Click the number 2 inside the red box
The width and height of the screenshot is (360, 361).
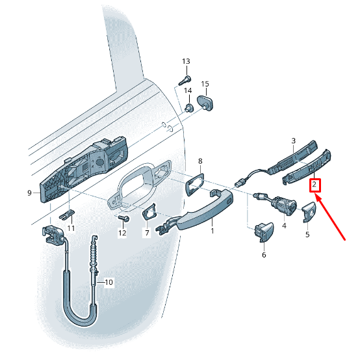(315, 185)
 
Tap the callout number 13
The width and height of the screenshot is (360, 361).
(186, 62)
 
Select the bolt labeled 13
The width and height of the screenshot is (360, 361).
(185, 80)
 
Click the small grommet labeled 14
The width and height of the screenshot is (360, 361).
(189, 108)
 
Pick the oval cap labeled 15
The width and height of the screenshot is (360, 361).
(205, 103)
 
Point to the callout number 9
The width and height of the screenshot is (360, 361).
(29, 193)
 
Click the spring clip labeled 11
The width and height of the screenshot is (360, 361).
(67, 215)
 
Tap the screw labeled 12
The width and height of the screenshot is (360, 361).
(123, 218)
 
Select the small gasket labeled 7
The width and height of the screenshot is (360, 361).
(149, 211)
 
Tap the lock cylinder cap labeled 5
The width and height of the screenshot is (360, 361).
(309, 212)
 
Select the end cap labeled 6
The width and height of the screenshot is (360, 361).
(264, 232)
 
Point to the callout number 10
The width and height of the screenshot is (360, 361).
(109, 282)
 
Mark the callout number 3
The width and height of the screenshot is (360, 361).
(293, 140)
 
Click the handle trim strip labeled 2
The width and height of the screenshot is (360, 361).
(307, 168)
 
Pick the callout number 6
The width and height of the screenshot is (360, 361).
(264, 255)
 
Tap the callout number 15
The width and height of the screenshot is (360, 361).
(205, 84)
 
